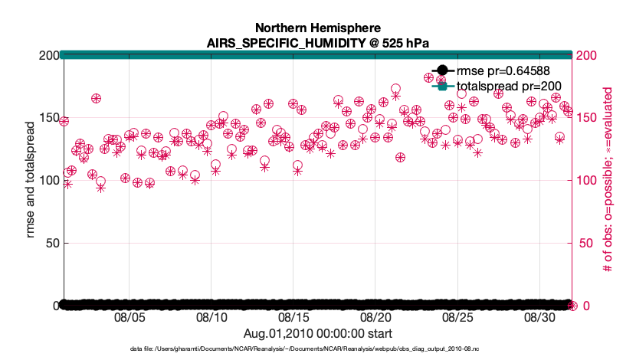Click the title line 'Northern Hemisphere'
coord(316,28)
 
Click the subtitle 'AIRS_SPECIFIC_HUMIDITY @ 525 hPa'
coord(316,42)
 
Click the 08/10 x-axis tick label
coord(211,317)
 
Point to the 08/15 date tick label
coord(293,317)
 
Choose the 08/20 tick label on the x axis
coord(375,317)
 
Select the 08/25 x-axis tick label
coord(457,317)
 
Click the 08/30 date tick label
coord(539,317)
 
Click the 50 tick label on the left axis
coord(48,243)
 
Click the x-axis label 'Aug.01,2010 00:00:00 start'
coord(317,333)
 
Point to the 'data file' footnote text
coord(316,349)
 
